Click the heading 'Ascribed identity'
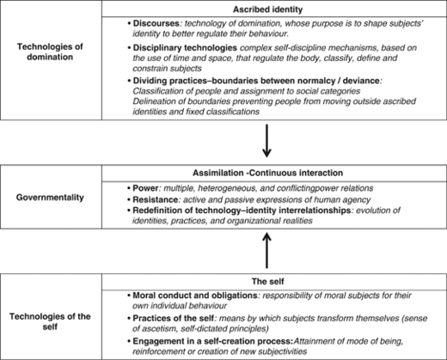tap(268, 8)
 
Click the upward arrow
tap(268, 253)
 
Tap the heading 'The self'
tap(268, 281)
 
